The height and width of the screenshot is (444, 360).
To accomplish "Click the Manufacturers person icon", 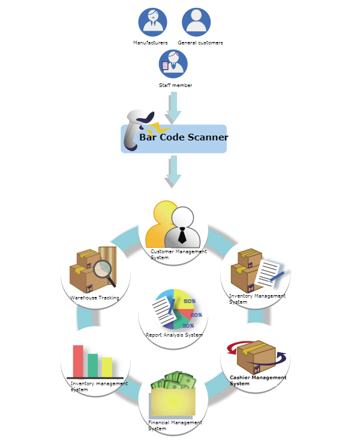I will click(152, 22).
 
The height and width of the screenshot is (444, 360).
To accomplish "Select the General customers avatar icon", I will click(196, 22).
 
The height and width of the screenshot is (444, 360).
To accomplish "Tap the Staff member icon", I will click(173, 64).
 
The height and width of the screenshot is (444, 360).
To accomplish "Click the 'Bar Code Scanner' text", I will click(184, 137).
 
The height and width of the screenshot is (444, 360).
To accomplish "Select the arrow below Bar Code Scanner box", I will click(173, 170).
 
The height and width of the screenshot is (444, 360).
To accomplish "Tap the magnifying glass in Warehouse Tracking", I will click(104, 271).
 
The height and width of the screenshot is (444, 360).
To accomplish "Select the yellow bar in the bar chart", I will click(107, 367).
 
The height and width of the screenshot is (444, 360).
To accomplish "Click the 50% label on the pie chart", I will click(189, 301).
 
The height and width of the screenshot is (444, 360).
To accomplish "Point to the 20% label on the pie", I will click(196, 314).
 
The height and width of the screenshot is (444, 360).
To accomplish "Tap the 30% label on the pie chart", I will click(188, 325).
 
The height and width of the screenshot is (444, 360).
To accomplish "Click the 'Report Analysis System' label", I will click(174, 335).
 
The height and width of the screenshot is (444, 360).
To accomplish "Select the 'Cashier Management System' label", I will click(257, 380).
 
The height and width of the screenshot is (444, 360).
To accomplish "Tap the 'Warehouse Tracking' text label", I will click(95, 298).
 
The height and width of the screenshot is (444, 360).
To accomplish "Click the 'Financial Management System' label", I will click(175, 425).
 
